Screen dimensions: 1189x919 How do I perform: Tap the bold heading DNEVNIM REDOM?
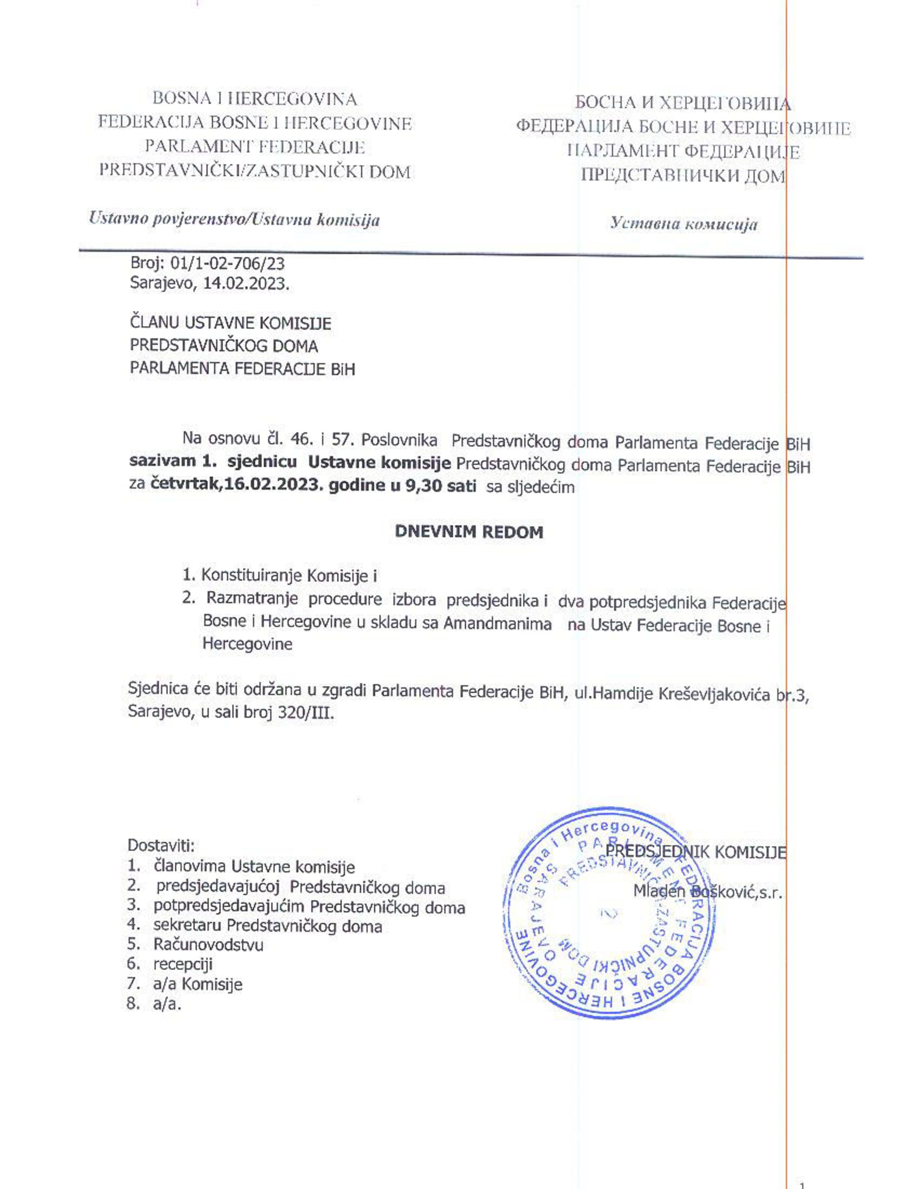(x=469, y=532)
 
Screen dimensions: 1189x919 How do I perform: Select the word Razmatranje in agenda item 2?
(x=252, y=598)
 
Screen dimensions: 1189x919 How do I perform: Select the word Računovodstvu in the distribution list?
(x=208, y=945)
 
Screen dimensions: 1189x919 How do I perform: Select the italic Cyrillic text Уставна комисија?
(x=683, y=223)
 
